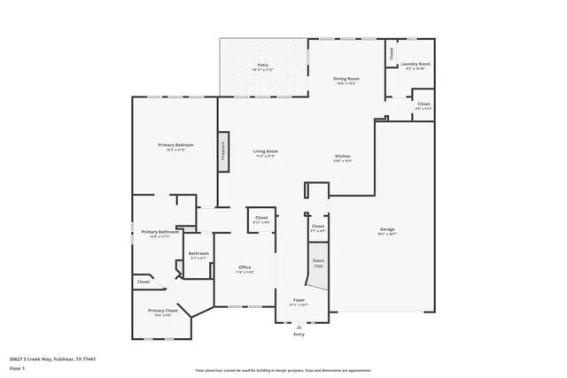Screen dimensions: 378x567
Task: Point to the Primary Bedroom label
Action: pyautogui.click(x=176, y=146)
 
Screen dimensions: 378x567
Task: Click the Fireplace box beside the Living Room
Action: pyautogui.click(x=223, y=152)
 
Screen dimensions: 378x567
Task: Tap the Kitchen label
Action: pyautogui.click(x=343, y=158)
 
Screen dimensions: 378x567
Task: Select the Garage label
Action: pyautogui.click(x=387, y=231)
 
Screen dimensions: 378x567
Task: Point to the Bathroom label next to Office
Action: pyautogui.click(x=198, y=255)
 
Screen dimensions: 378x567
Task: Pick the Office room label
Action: pyautogui.click(x=245, y=269)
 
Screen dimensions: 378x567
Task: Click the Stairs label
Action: pyautogui.click(x=317, y=262)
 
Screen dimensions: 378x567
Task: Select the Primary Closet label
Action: pyautogui.click(x=163, y=312)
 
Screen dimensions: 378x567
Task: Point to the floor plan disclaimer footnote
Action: pyautogui.click(x=282, y=370)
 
